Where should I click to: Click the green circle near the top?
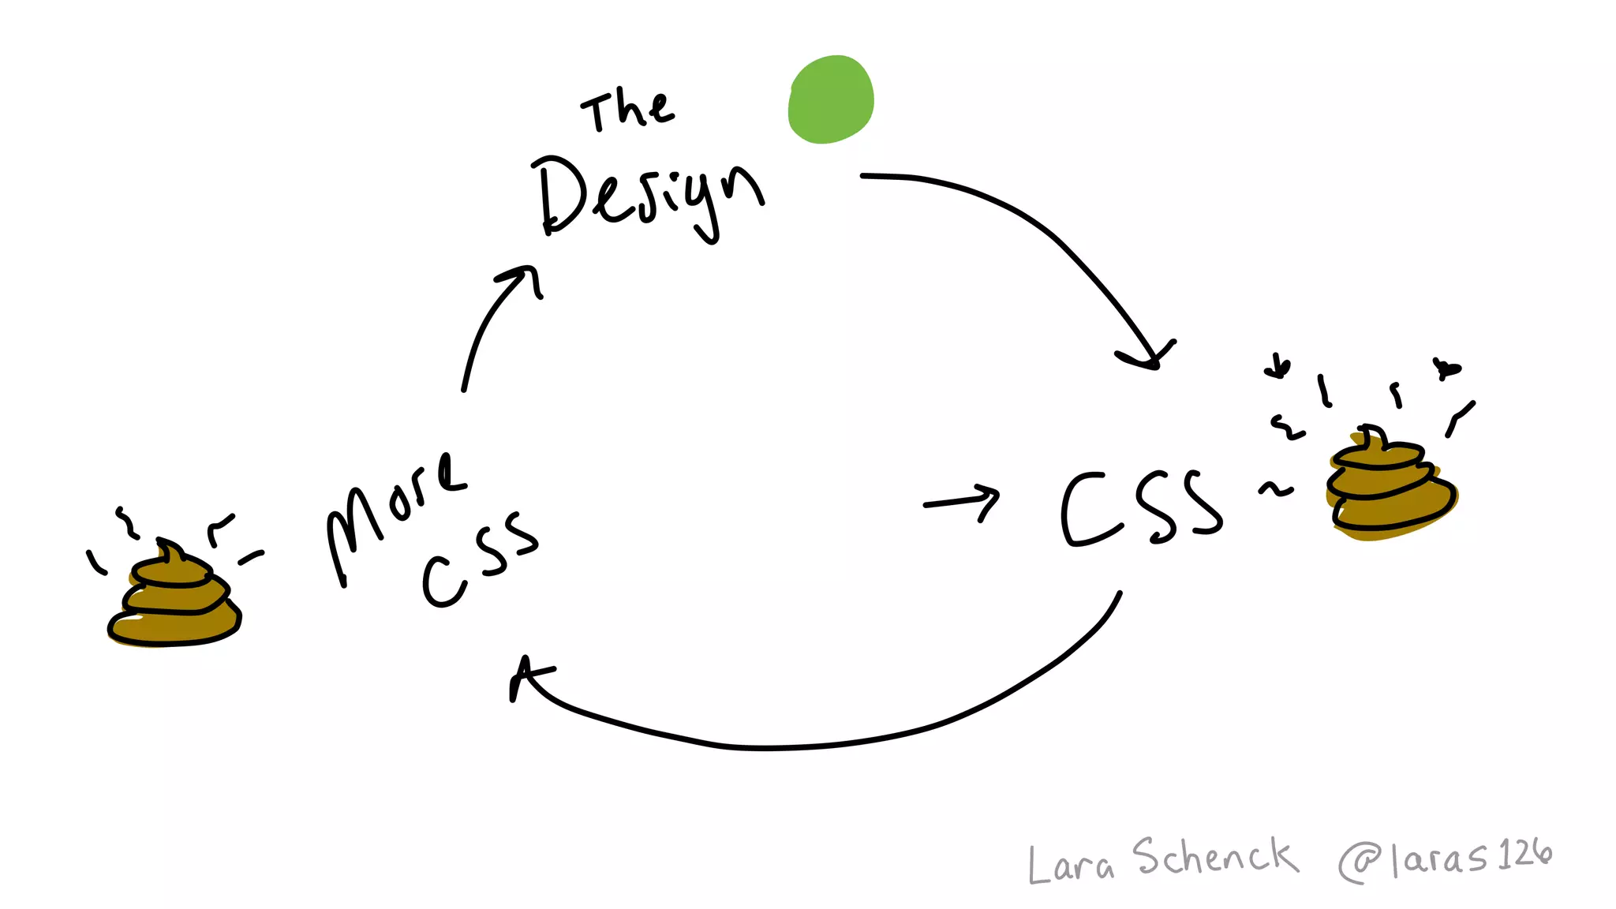(x=831, y=99)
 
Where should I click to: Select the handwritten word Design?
(x=647, y=197)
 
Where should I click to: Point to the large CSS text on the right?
(x=1141, y=508)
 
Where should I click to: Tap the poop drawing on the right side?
(x=1390, y=484)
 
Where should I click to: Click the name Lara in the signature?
(x=1070, y=863)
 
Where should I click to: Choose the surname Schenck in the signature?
(x=1215, y=857)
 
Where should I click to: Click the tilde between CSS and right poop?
(x=1275, y=490)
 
